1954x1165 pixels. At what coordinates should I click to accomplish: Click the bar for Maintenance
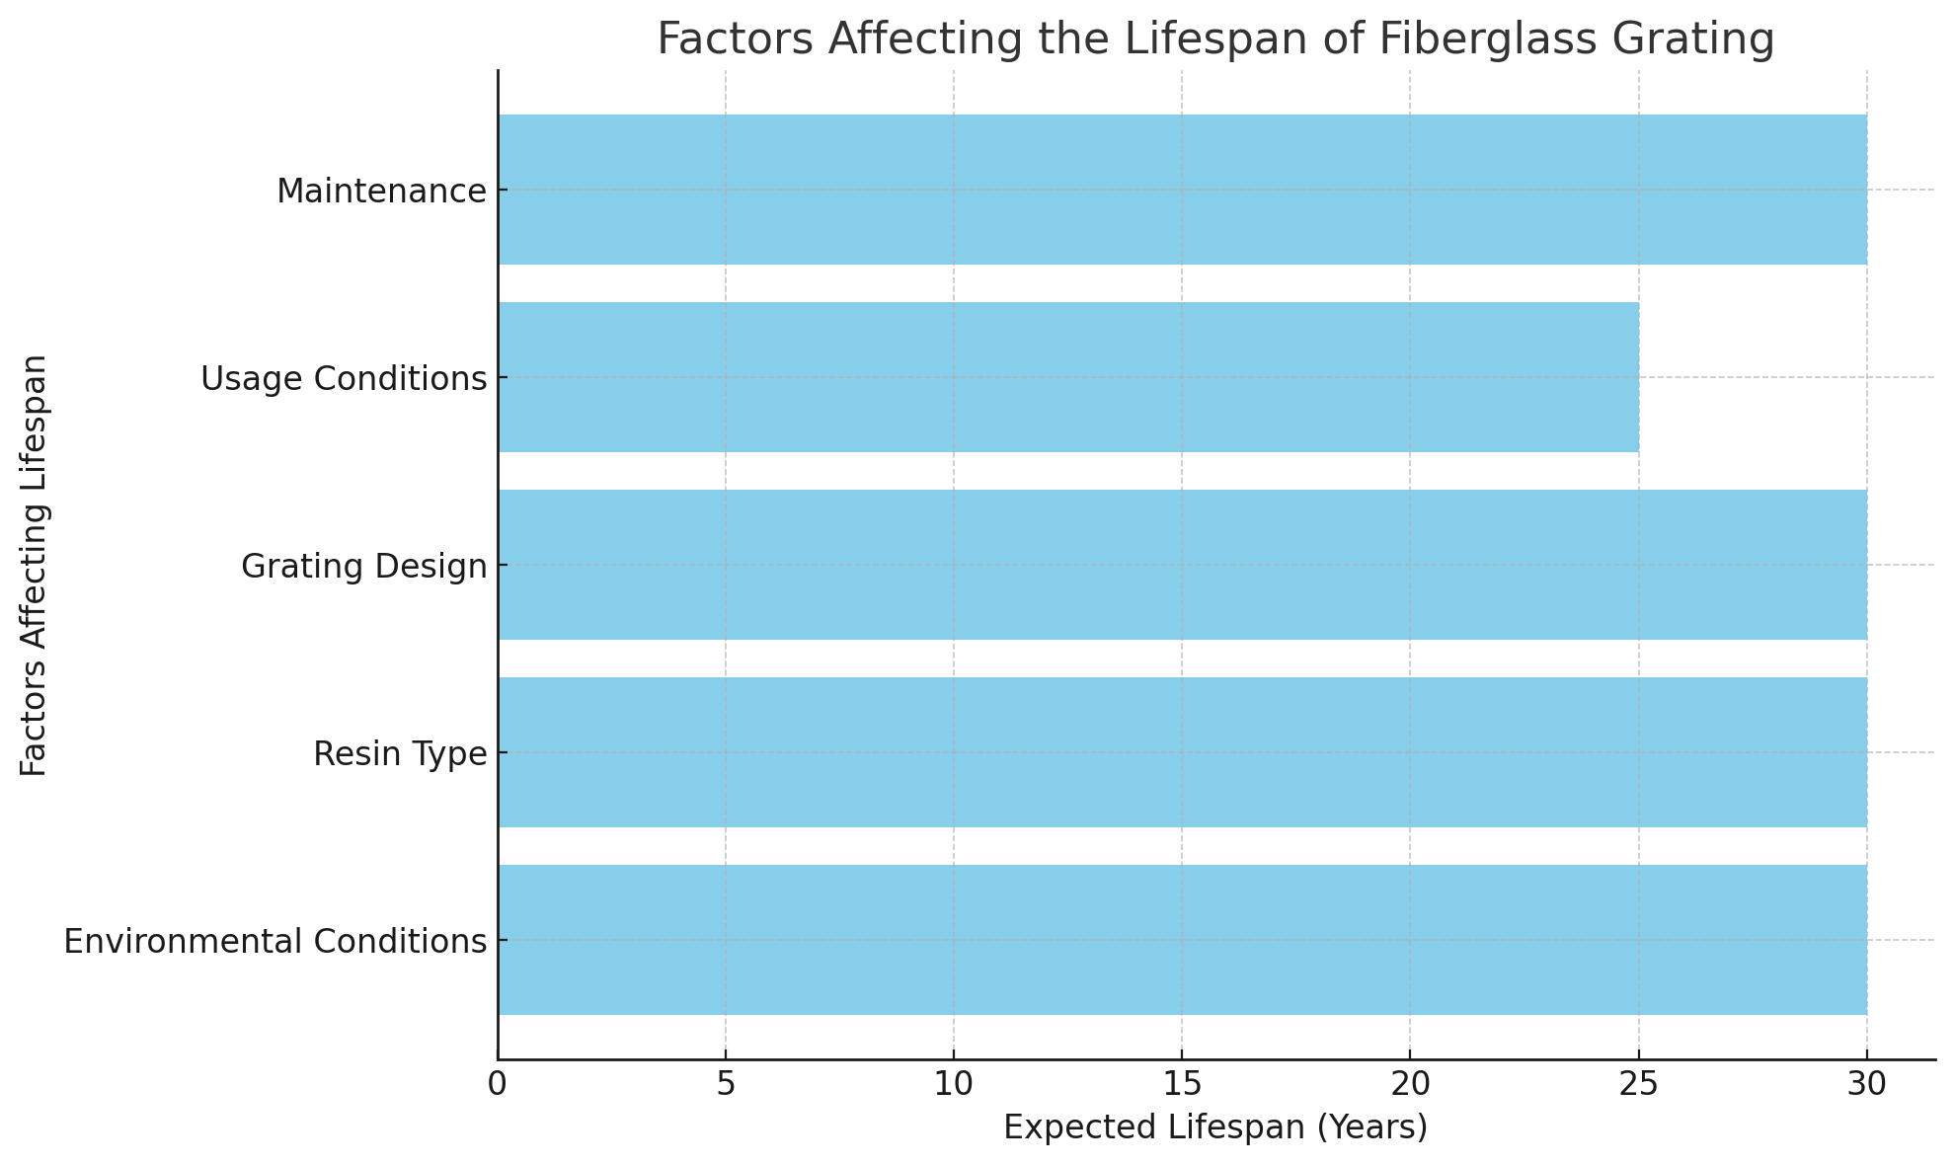point(1182,190)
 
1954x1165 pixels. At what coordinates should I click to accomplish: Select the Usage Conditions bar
point(1068,377)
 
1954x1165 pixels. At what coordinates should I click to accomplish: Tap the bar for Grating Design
point(1182,565)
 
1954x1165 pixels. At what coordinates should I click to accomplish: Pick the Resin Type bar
point(1182,752)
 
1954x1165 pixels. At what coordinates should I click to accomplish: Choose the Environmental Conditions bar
point(1182,940)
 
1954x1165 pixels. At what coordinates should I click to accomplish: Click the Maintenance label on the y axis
point(381,191)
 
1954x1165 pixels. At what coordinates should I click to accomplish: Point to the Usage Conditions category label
point(344,378)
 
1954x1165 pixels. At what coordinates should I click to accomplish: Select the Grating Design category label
point(364,566)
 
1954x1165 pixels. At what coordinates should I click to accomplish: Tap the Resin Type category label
point(400,753)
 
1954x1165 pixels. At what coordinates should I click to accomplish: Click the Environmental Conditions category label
point(275,941)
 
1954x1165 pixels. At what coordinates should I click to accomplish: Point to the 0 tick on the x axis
point(498,1084)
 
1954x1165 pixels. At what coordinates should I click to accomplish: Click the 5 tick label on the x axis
point(726,1084)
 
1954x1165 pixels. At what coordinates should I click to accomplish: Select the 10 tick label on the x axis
point(954,1084)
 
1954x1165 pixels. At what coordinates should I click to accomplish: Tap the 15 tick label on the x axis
point(1182,1084)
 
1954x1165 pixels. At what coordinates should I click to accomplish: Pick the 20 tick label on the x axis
point(1410,1084)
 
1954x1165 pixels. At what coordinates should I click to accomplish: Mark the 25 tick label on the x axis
point(1639,1084)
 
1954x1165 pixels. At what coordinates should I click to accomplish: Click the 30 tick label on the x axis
point(1866,1084)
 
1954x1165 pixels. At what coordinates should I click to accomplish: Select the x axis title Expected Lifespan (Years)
point(1215,1127)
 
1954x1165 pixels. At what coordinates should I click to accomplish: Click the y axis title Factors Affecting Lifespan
point(34,565)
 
